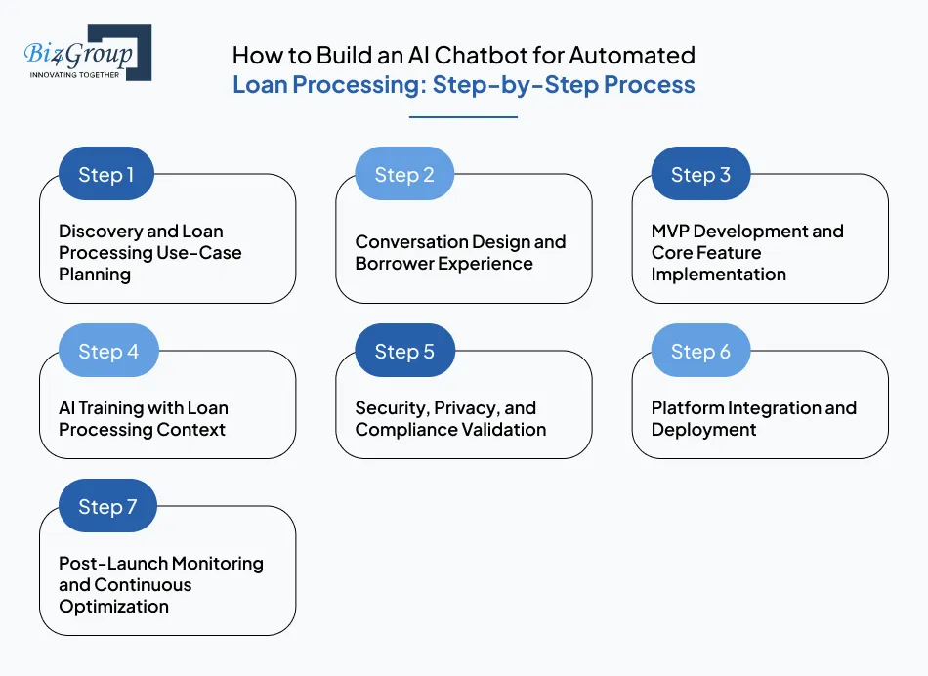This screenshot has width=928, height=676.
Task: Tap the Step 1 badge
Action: coord(106,175)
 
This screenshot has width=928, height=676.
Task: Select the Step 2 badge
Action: coord(403,175)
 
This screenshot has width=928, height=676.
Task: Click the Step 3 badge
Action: coord(700,175)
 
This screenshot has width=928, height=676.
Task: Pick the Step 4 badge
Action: coord(107,352)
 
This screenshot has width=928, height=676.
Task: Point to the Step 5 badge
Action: coord(403,352)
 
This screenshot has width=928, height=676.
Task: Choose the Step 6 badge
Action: coord(700,352)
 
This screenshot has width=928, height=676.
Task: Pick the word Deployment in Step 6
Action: coord(703,430)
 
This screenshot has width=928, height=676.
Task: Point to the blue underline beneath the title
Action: coord(463,117)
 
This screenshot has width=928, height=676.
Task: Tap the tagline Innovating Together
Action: coord(75,74)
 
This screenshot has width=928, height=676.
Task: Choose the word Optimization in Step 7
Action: coord(113,607)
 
